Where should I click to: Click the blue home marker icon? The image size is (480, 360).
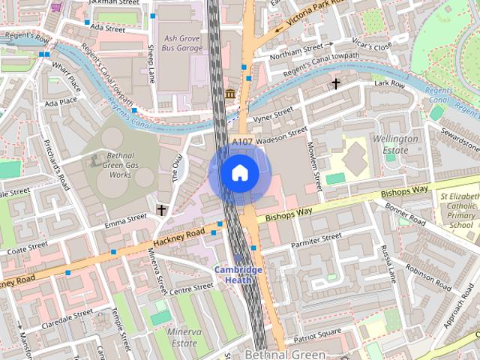click(x=239, y=173)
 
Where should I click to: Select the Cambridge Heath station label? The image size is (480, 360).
click(x=238, y=274)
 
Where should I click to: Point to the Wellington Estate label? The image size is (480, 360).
click(x=395, y=145)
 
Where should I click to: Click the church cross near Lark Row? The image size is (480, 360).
click(x=336, y=83)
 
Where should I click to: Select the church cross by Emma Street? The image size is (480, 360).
click(x=161, y=211)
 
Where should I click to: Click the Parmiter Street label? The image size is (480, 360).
click(x=316, y=241)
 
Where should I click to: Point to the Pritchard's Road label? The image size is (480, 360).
click(x=57, y=164)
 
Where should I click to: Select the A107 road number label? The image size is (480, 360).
click(x=242, y=142)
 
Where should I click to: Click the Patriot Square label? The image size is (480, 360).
click(x=318, y=332)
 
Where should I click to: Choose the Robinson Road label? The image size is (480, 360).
click(x=428, y=277)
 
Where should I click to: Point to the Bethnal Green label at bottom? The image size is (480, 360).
click(x=285, y=354)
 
